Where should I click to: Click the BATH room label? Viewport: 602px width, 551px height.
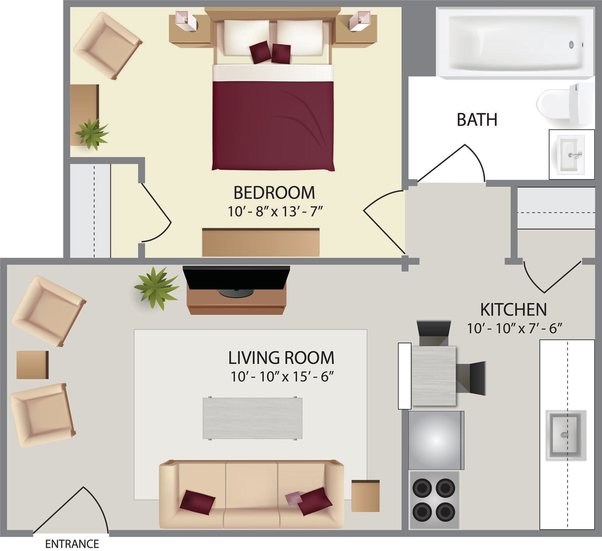click(x=477, y=120)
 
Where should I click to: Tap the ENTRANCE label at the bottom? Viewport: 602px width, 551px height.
click(x=72, y=544)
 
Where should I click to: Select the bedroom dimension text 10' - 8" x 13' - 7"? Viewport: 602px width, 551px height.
click(x=275, y=211)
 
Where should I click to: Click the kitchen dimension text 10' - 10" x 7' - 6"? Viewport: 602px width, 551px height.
click(x=514, y=328)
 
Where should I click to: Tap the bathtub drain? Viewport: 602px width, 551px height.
click(x=571, y=45)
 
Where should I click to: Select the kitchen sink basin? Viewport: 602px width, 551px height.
click(x=566, y=435)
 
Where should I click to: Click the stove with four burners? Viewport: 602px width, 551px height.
click(x=434, y=500)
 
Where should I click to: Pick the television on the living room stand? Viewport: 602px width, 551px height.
click(x=236, y=278)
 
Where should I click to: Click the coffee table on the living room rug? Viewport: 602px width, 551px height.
click(x=252, y=418)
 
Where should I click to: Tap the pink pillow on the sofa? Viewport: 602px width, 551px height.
click(x=293, y=498)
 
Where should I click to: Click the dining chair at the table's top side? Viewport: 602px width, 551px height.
click(x=433, y=332)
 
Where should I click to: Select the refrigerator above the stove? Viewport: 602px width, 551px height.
click(x=436, y=440)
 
